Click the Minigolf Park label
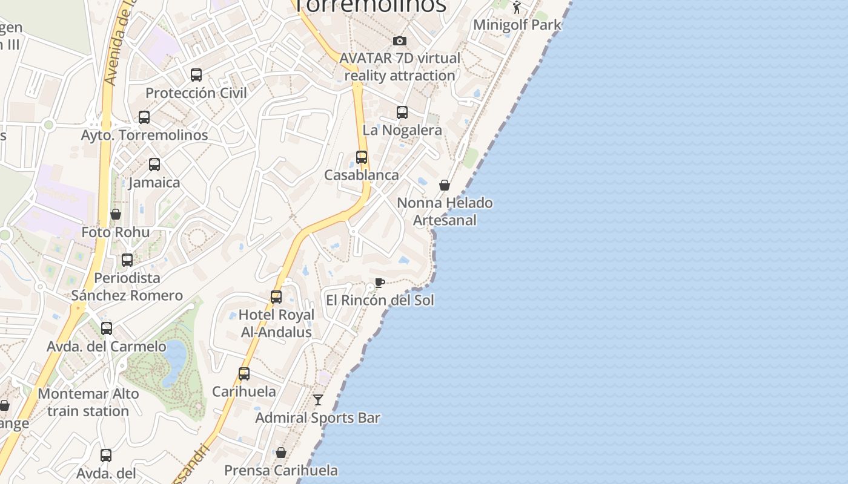(517, 25)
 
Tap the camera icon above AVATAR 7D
(400, 41)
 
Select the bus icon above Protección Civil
(196, 75)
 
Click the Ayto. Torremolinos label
(145, 135)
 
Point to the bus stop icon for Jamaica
(154, 164)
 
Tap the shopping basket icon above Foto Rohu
(116, 214)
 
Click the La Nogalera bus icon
(402, 113)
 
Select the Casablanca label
(362, 175)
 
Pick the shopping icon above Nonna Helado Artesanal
(445, 185)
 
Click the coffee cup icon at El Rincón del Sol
(380, 283)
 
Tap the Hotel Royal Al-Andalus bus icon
(276, 297)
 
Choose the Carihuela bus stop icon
(244, 374)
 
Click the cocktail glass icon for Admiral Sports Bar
(318, 400)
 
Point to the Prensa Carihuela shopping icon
(281, 453)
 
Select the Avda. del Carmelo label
(107, 347)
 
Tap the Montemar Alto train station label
(88, 402)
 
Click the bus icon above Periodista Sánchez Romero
(127, 260)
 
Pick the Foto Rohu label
(116, 232)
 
